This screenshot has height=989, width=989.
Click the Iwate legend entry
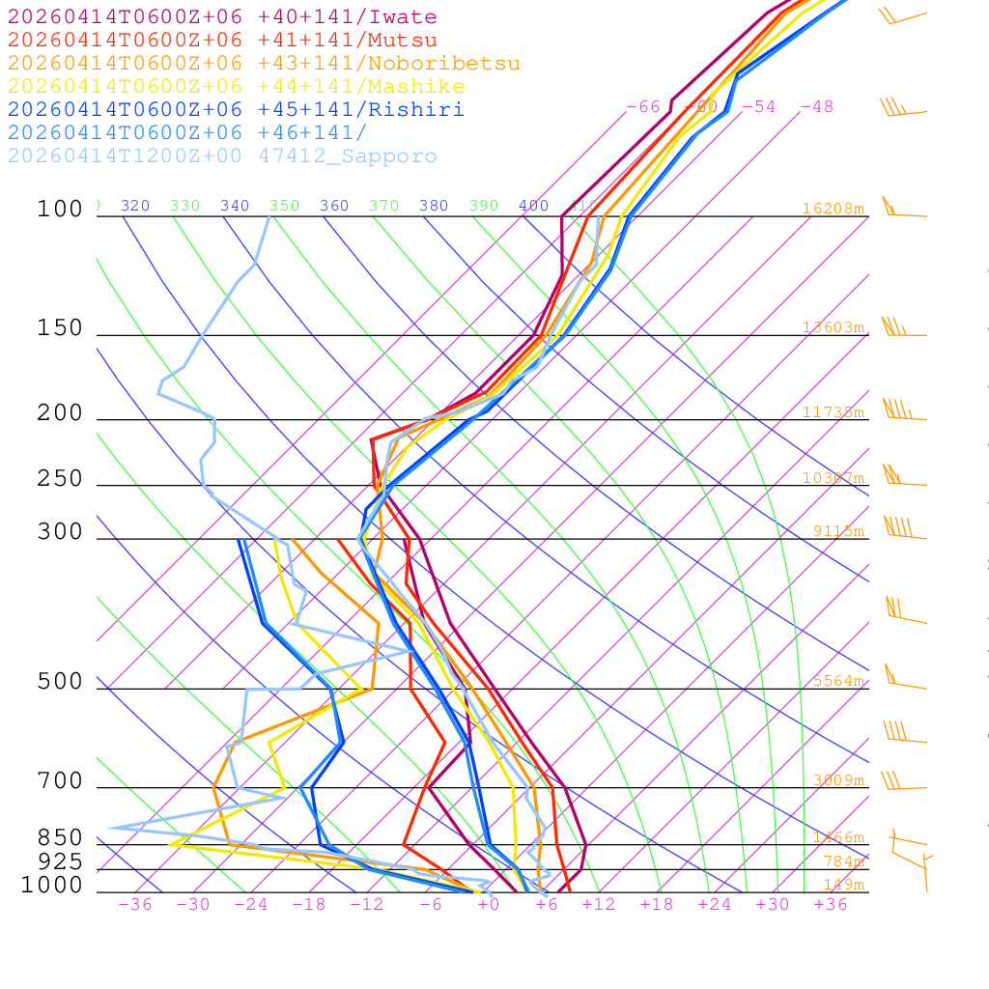222,17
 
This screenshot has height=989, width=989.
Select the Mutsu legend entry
222,41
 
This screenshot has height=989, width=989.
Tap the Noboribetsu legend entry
264,64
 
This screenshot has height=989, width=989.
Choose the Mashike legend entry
236,87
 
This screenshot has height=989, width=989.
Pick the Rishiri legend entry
236,109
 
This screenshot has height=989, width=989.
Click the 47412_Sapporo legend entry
222,156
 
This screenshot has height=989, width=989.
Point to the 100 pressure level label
60,209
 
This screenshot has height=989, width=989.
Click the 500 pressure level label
60,682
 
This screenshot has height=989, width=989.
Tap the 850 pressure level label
60,837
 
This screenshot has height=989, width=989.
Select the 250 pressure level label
60,478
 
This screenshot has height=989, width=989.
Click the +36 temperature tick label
830,904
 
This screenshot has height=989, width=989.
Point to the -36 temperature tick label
134,904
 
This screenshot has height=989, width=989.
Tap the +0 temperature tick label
488,904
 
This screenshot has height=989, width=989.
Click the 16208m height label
834,209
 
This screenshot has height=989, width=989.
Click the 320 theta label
135,206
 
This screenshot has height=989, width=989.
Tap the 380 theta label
434,206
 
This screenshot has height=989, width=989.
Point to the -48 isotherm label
816,107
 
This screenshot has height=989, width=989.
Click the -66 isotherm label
643,107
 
